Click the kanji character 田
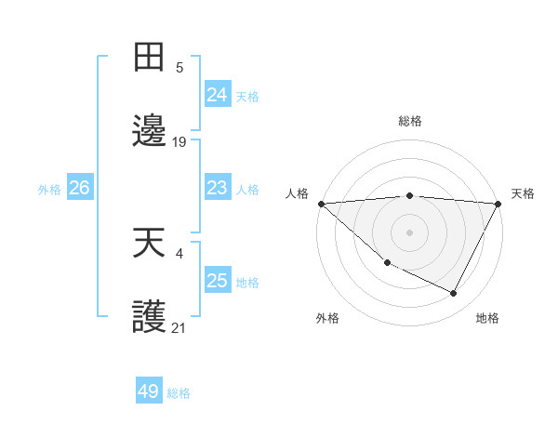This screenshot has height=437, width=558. [x=149, y=57]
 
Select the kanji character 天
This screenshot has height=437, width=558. [x=149, y=243]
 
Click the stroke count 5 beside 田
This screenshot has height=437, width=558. [x=179, y=67]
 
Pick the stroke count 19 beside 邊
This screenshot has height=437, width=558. [x=179, y=141]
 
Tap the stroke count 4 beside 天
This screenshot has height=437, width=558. [x=179, y=253]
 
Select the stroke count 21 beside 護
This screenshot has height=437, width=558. [x=179, y=327]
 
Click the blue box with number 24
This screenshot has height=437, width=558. [x=217, y=95]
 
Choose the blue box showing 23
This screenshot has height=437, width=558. [x=217, y=189]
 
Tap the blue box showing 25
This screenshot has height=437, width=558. [x=217, y=281]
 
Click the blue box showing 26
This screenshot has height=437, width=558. [x=79, y=189]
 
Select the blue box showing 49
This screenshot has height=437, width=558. [x=149, y=391]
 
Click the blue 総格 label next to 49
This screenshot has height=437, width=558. [x=179, y=393]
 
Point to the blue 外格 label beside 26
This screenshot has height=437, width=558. [x=49, y=190]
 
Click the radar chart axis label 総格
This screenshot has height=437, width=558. [x=409, y=121]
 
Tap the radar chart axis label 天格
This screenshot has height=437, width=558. [x=523, y=193]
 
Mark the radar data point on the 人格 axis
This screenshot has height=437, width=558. [x=321, y=204]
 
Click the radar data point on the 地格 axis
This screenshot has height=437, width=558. [x=454, y=294]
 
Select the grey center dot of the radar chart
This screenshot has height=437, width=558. [x=409, y=232]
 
